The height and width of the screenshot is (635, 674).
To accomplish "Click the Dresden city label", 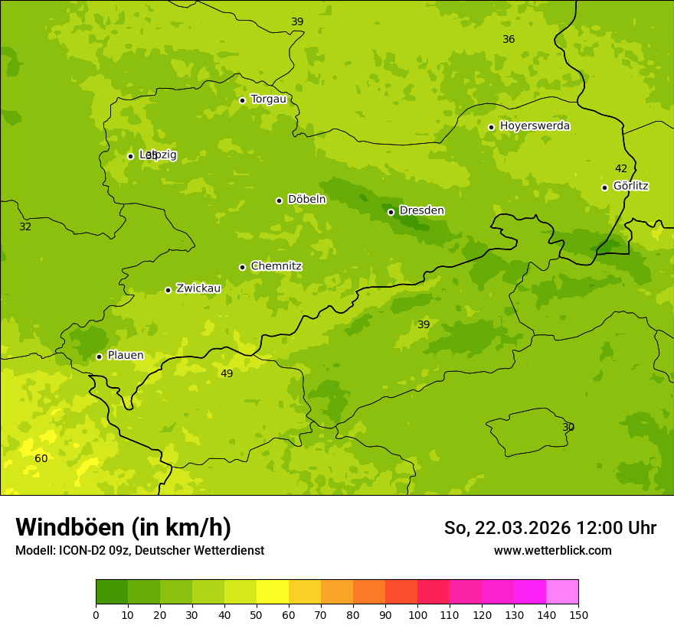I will pyautogui.click(x=421, y=210).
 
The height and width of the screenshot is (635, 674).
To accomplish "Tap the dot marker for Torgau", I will pyautogui.click(x=242, y=100).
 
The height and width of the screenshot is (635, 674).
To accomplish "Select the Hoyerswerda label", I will pyautogui.click(x=535, y=125).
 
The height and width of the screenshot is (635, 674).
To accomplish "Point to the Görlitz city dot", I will pyautogui.click(x=604, y=187).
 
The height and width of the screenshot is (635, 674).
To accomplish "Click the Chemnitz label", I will pyautogui.click(x=276, y=266).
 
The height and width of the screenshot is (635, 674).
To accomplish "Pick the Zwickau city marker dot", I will pyautogui.click(x=168, y=290).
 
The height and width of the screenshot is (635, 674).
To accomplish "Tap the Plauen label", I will pyautogui.click(x=125, y=355).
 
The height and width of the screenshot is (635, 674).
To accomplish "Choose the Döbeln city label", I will pyautogui.click(x=306, y=199).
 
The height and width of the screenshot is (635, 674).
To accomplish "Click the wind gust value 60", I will pyautogui.click(x=41, y=458).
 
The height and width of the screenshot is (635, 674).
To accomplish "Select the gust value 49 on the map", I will pyautogui.click(x=227, y=373).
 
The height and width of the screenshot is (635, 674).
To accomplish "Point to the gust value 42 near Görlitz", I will pyautogui.click(x=621, y=168).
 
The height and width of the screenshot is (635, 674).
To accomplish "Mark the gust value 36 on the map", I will pyautogui.click(x=509, y=39).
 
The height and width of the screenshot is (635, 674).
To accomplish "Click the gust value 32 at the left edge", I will pyautogui.click(x=25, y=226).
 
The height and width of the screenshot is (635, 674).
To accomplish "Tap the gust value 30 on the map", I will pyautogui.click(x=568, y=427).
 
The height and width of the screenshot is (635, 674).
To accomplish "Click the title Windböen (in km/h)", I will pyautogui.click(x=123, y=527).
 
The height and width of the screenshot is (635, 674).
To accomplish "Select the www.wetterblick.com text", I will pyautogui.click(x=552, y=550).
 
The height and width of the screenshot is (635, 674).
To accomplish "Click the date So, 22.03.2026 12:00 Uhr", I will pyautogui.click(x=550, y=528).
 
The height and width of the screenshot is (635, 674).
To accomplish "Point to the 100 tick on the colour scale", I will pyautogui.click(x=417, y=614).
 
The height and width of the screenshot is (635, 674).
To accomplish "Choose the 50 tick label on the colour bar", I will pyautogui.click(x=257, y=614).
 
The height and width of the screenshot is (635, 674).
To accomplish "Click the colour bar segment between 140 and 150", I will pyautogui.click(x=562, y=591).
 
